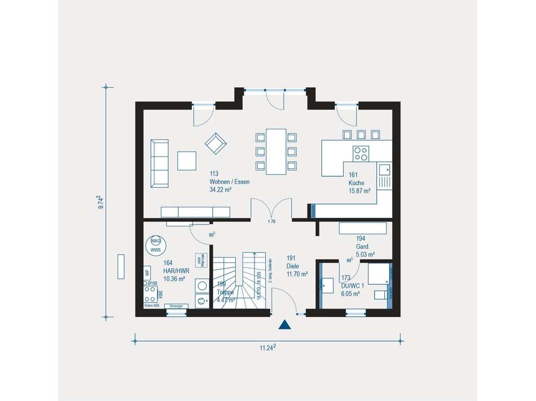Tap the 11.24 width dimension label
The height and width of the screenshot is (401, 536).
coord(267,348)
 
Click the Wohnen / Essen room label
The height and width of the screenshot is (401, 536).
coord(229,182)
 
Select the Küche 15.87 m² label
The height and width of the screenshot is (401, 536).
coord(359,183)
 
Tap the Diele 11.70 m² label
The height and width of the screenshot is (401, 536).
coord(297,270)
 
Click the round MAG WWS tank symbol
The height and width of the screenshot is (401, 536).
coord(156,244)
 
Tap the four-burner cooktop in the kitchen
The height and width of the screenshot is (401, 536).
coord(361,153)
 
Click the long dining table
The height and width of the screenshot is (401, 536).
coord(276,151)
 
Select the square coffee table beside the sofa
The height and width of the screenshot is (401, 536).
coord(187,160)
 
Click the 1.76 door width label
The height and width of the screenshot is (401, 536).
coord(272,221)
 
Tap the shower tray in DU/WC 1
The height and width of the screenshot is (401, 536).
coord(378,274)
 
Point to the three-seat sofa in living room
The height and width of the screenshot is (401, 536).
coord(160,163)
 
